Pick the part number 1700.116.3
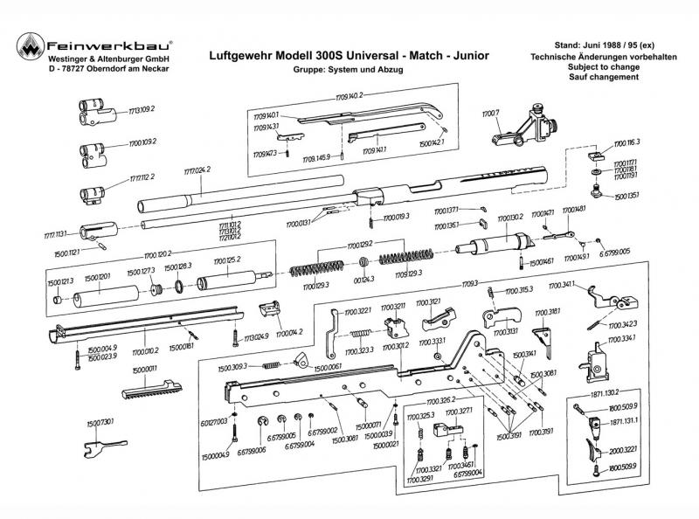(626, 142)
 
